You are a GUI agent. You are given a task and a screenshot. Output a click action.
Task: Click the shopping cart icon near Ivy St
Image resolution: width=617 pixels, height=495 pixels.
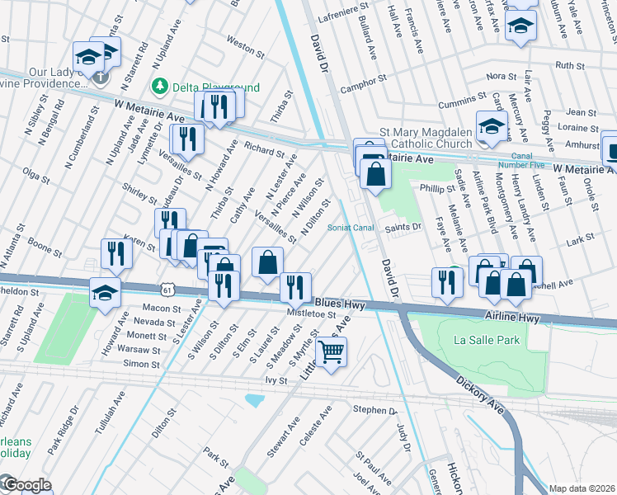pos(331,352)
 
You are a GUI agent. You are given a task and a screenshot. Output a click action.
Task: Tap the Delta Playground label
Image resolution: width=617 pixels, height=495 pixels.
pos(205,87)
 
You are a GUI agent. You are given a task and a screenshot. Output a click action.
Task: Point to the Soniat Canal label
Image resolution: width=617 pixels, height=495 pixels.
pos(351,228)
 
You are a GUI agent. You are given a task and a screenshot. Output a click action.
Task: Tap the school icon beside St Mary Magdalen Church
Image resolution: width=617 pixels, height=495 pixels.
pos(492,127)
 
